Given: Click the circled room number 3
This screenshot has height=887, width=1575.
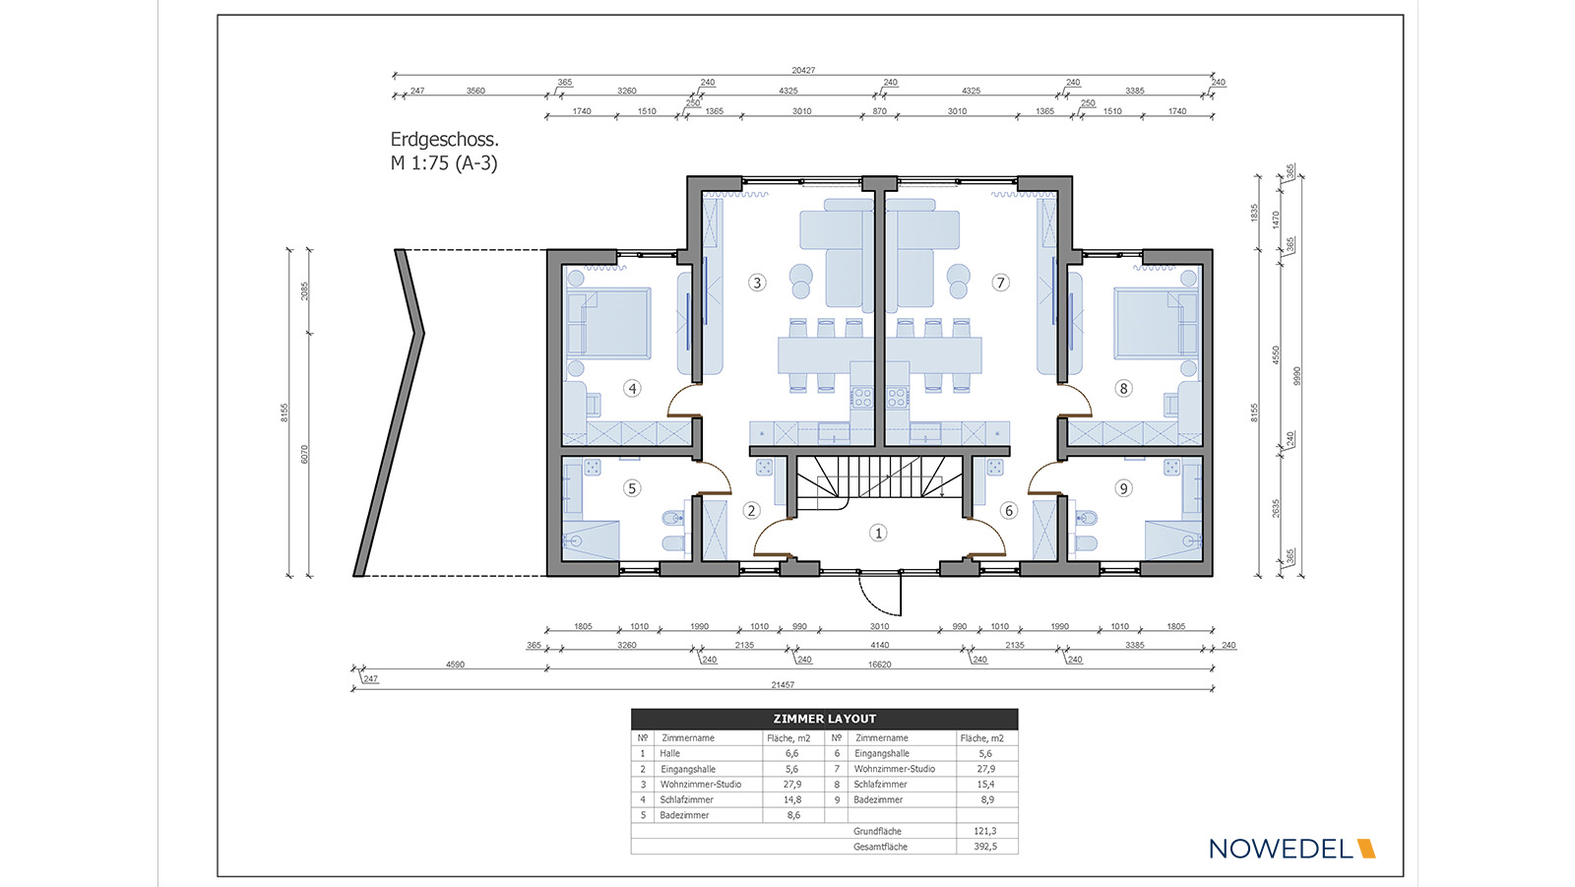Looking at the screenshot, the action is pos(757,283).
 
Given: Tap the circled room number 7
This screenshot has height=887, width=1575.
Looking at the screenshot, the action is pos(1000,283).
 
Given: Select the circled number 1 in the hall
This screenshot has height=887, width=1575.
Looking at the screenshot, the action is pos(877,534).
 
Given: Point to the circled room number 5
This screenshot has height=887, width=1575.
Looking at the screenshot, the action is pos(631,488).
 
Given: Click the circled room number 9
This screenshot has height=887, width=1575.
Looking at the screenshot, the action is pos(1123,488).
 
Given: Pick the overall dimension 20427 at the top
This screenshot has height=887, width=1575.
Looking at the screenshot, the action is pos(803,70).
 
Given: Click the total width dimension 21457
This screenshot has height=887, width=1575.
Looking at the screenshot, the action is pos(783,684).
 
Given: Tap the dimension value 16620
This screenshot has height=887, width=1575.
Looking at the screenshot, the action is pos(880,664).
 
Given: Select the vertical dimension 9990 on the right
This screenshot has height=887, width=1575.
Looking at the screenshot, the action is pos(1297,376).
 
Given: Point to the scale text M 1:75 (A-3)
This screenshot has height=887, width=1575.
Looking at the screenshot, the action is pos(444,163).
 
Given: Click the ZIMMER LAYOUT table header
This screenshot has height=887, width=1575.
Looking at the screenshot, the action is pos(824,719).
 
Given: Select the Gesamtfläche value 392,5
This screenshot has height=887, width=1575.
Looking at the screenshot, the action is pos(985,847).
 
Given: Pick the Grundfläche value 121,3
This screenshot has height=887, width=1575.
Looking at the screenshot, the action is pos(985,832).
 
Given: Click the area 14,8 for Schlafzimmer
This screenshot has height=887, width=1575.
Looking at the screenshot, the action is pos(792,799).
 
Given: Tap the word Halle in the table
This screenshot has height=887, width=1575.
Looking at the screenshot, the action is pos(669,753).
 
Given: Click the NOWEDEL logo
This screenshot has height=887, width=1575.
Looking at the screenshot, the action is pos(1291,849).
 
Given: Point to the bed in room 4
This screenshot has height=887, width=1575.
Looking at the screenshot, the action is pos(609,322).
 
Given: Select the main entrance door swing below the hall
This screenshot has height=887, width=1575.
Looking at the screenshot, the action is pos(880,595).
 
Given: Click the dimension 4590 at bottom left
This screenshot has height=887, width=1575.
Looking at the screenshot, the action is pos(455,664).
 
